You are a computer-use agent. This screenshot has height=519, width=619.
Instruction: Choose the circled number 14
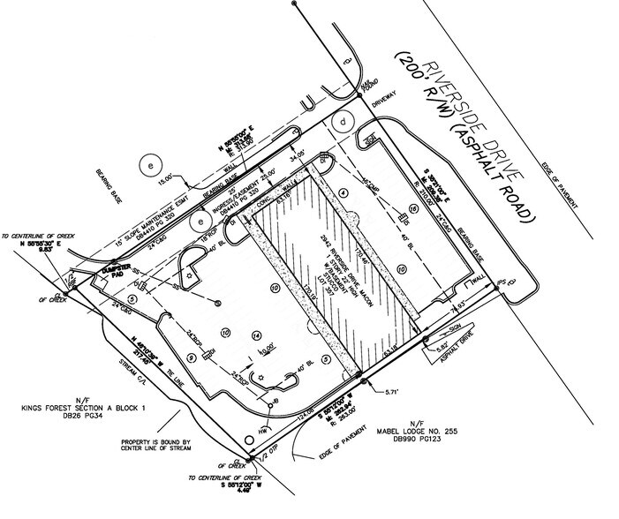(x=256, y=335)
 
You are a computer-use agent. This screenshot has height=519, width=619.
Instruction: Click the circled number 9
(x=192, y=358)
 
